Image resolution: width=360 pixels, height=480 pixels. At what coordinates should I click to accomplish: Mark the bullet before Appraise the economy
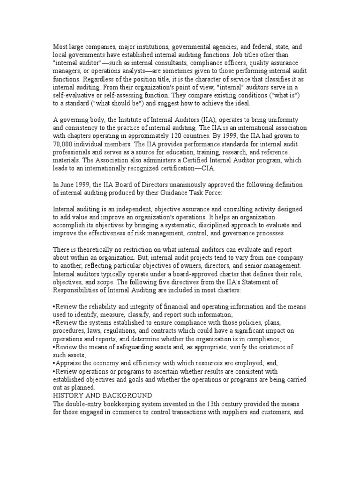point(54,363)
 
